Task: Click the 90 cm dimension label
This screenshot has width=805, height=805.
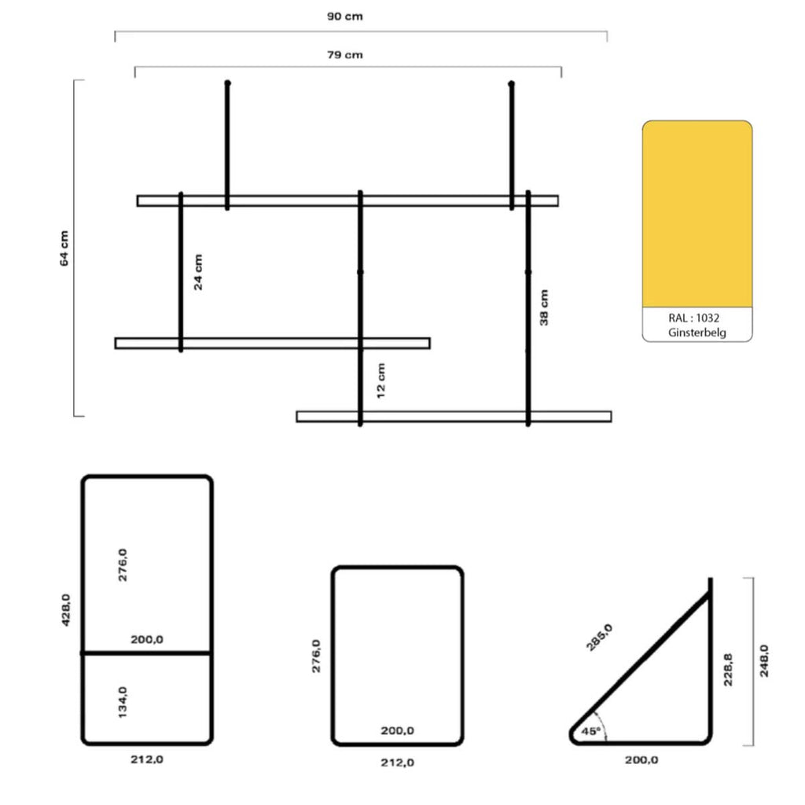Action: pos(344,17)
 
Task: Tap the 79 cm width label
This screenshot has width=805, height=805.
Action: pos(344,55)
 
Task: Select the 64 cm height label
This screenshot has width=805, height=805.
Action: pos(64,248)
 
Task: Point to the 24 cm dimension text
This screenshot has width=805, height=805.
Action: pos(198,272)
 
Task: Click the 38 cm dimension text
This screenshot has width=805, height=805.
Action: pos(544,307)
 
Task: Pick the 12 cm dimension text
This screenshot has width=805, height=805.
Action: pos(380,381)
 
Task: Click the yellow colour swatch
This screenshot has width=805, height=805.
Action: pos(697,214)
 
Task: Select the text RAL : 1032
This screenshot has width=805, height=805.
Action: pos(693,318)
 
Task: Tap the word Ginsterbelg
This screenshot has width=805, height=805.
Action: pos(697,333)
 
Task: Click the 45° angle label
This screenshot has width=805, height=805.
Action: pos(590,730)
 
